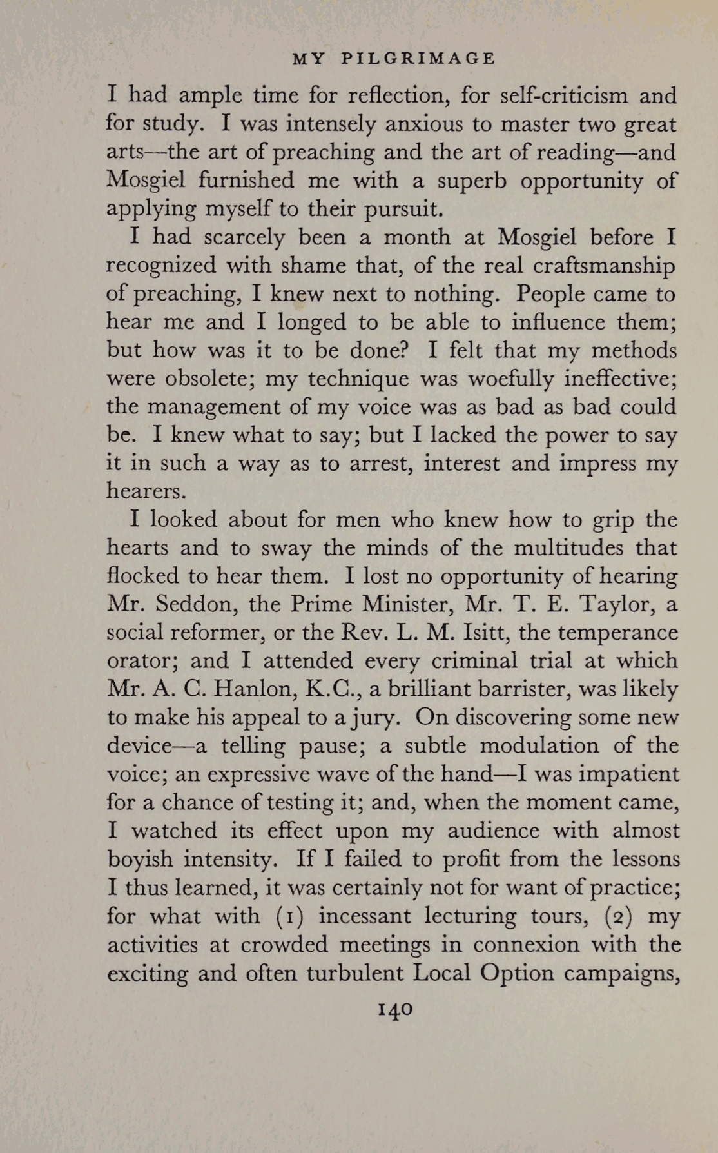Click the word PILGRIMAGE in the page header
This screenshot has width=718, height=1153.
[x=418, y=59]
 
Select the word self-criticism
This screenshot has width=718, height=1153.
[x=554, y=95]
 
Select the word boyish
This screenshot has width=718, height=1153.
[x=140, y=860]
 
